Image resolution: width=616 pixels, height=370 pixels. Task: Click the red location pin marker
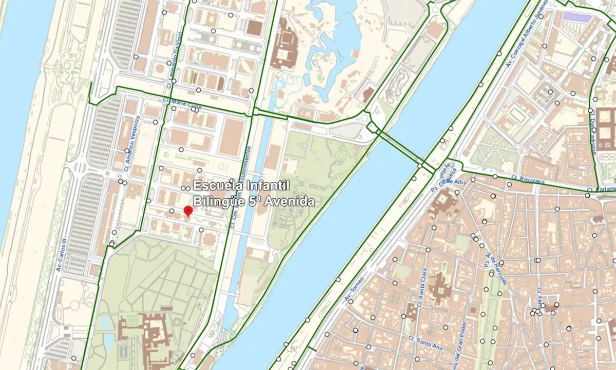click(x=188, y=211)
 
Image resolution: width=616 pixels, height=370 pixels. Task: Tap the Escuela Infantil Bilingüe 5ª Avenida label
click(x=254, y=193)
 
